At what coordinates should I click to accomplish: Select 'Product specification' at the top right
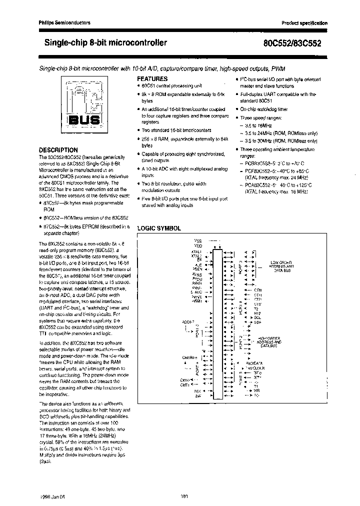point(304,23)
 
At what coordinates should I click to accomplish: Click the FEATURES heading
point(152,79)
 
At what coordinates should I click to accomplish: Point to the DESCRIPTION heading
point(58,150)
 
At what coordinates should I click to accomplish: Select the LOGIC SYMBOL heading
point(159,228)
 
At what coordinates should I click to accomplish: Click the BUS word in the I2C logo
point(82,120)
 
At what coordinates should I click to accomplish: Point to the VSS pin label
point(197,241)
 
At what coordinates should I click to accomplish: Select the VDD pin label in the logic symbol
point(197,246)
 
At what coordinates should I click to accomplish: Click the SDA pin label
point(257,322)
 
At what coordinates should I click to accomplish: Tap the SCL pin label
point(257,317)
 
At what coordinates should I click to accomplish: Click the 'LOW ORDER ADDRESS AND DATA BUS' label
point(282,266)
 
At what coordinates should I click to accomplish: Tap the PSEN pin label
point(196,269)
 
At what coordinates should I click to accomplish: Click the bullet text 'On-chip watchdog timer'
point(263,109)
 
